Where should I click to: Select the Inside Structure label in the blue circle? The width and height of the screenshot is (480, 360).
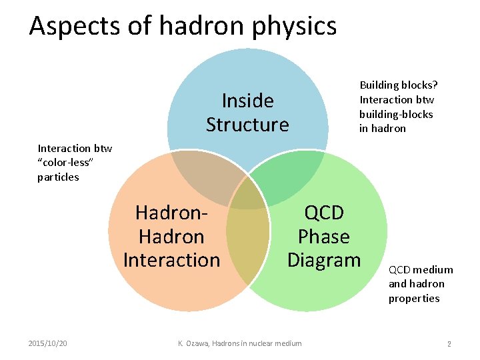click(x=247, y=113)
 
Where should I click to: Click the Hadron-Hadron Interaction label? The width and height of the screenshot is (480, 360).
click(x=171, y=236)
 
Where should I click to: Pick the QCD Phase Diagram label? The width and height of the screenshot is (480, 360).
click(x=323, y=236)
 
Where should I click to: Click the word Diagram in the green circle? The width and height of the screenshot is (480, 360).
click(x=323, y=259)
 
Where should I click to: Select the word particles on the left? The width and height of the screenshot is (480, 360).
click(x=58, y=177)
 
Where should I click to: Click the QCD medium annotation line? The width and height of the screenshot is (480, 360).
click(x=421, y=269)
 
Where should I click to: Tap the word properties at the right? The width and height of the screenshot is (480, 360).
click(x=414, y=298)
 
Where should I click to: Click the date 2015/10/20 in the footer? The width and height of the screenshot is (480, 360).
click(x=47, y=343)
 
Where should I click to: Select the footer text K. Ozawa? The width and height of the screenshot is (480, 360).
click(x=195, y=343)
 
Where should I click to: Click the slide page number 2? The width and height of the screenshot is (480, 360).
click(x=449, y=343)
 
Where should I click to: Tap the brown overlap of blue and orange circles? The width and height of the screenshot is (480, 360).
click(x=203, y=173)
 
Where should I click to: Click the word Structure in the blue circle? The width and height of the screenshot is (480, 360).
click(x=247, y=125)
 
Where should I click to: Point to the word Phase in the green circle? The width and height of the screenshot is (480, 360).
click(x=323, y=236)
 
